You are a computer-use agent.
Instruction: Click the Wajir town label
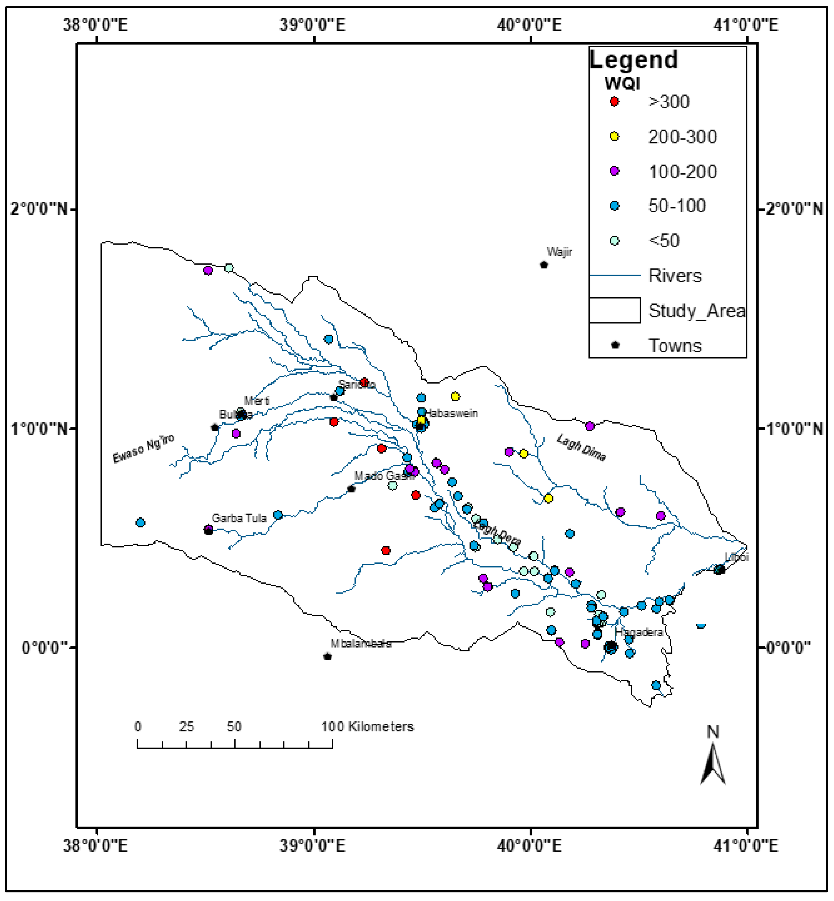559,252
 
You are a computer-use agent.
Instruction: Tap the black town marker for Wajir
544,265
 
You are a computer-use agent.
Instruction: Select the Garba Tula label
239,518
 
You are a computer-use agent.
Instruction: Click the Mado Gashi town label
384,476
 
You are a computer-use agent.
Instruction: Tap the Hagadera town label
639,632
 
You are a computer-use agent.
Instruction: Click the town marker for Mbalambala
328,656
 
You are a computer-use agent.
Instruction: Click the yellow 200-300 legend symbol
614,136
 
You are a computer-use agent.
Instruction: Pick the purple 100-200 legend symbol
614,171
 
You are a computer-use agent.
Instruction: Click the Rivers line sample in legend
614,275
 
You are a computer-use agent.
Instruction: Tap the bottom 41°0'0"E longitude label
746,846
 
